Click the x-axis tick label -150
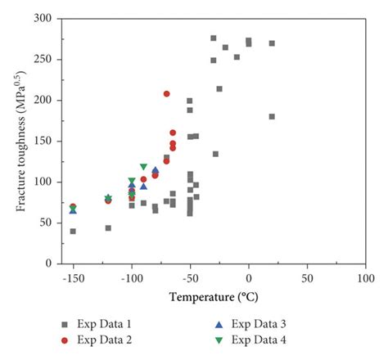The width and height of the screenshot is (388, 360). pyautogui.click(x=73, y=277)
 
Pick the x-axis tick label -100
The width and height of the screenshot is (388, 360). pyautogui.click(x=131, y=277)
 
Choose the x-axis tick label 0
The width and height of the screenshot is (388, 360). pyautogui.click(x=249, y=277)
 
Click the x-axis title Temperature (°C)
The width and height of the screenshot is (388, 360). pyautogui.click(x=214, y=295)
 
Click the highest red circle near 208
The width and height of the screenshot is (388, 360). pyautogui.click(x=167, y=93)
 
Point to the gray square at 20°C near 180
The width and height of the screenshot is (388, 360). pyautogui.click(x=272, y=116)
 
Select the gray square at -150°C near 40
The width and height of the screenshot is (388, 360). pyautogui.click(x=73, y=231)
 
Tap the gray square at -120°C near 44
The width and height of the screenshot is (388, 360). pyautogui.click(x=108, y=227)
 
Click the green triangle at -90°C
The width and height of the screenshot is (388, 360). pyautogui.click(x=143, y=167)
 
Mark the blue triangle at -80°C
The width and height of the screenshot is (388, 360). pyautogui.click(x=156, y=170)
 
